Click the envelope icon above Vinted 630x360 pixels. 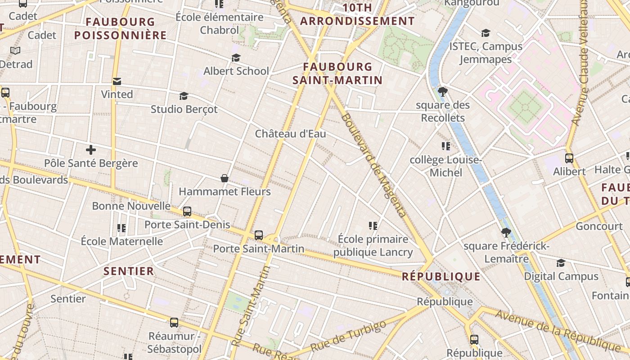[117, 81]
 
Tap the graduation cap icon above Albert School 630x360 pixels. [236, 58]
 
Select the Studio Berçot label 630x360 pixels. [184, 109]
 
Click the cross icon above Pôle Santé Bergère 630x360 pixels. [91, 150]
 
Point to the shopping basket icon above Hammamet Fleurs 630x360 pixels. [225, 179]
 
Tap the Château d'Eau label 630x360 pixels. [290, 134]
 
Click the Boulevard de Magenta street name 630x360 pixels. [373, 165]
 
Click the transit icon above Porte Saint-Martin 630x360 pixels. [258, 235]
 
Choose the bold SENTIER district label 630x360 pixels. [129, 271]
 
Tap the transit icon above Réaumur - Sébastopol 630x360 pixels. [174, 323]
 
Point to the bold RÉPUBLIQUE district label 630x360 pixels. [441, 276]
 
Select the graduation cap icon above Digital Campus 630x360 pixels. [561, 263]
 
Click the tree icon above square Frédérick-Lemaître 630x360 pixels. [506, 233]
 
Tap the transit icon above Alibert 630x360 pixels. [569, 158]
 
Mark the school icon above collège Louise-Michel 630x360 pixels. [446, 146]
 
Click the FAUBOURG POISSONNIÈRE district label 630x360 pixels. [121, 28]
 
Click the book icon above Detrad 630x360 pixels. [15, 50]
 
